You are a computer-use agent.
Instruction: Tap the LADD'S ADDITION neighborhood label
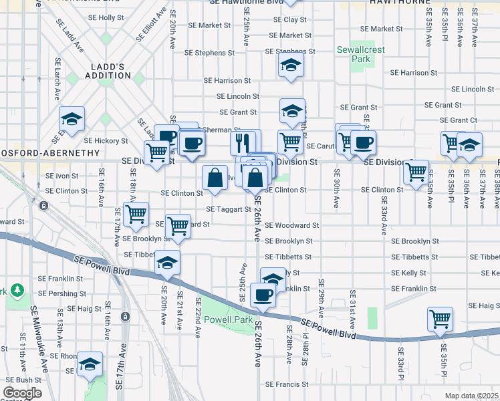(x=108, y=71)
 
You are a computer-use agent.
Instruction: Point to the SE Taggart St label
(x=228, y=209)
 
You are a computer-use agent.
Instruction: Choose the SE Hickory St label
(x=106, y=141)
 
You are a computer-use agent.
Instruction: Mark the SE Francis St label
(x=287, y=384)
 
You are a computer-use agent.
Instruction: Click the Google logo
(x=22, y=393)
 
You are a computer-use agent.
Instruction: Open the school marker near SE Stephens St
(x=291, y=65)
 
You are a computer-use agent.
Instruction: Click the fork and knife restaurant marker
(x=243, y=142)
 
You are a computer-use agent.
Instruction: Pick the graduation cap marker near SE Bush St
(x=90, y=364)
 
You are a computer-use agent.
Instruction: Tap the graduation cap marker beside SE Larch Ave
(x=72, y=120)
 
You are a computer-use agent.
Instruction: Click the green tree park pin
(x=17, y=291)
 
